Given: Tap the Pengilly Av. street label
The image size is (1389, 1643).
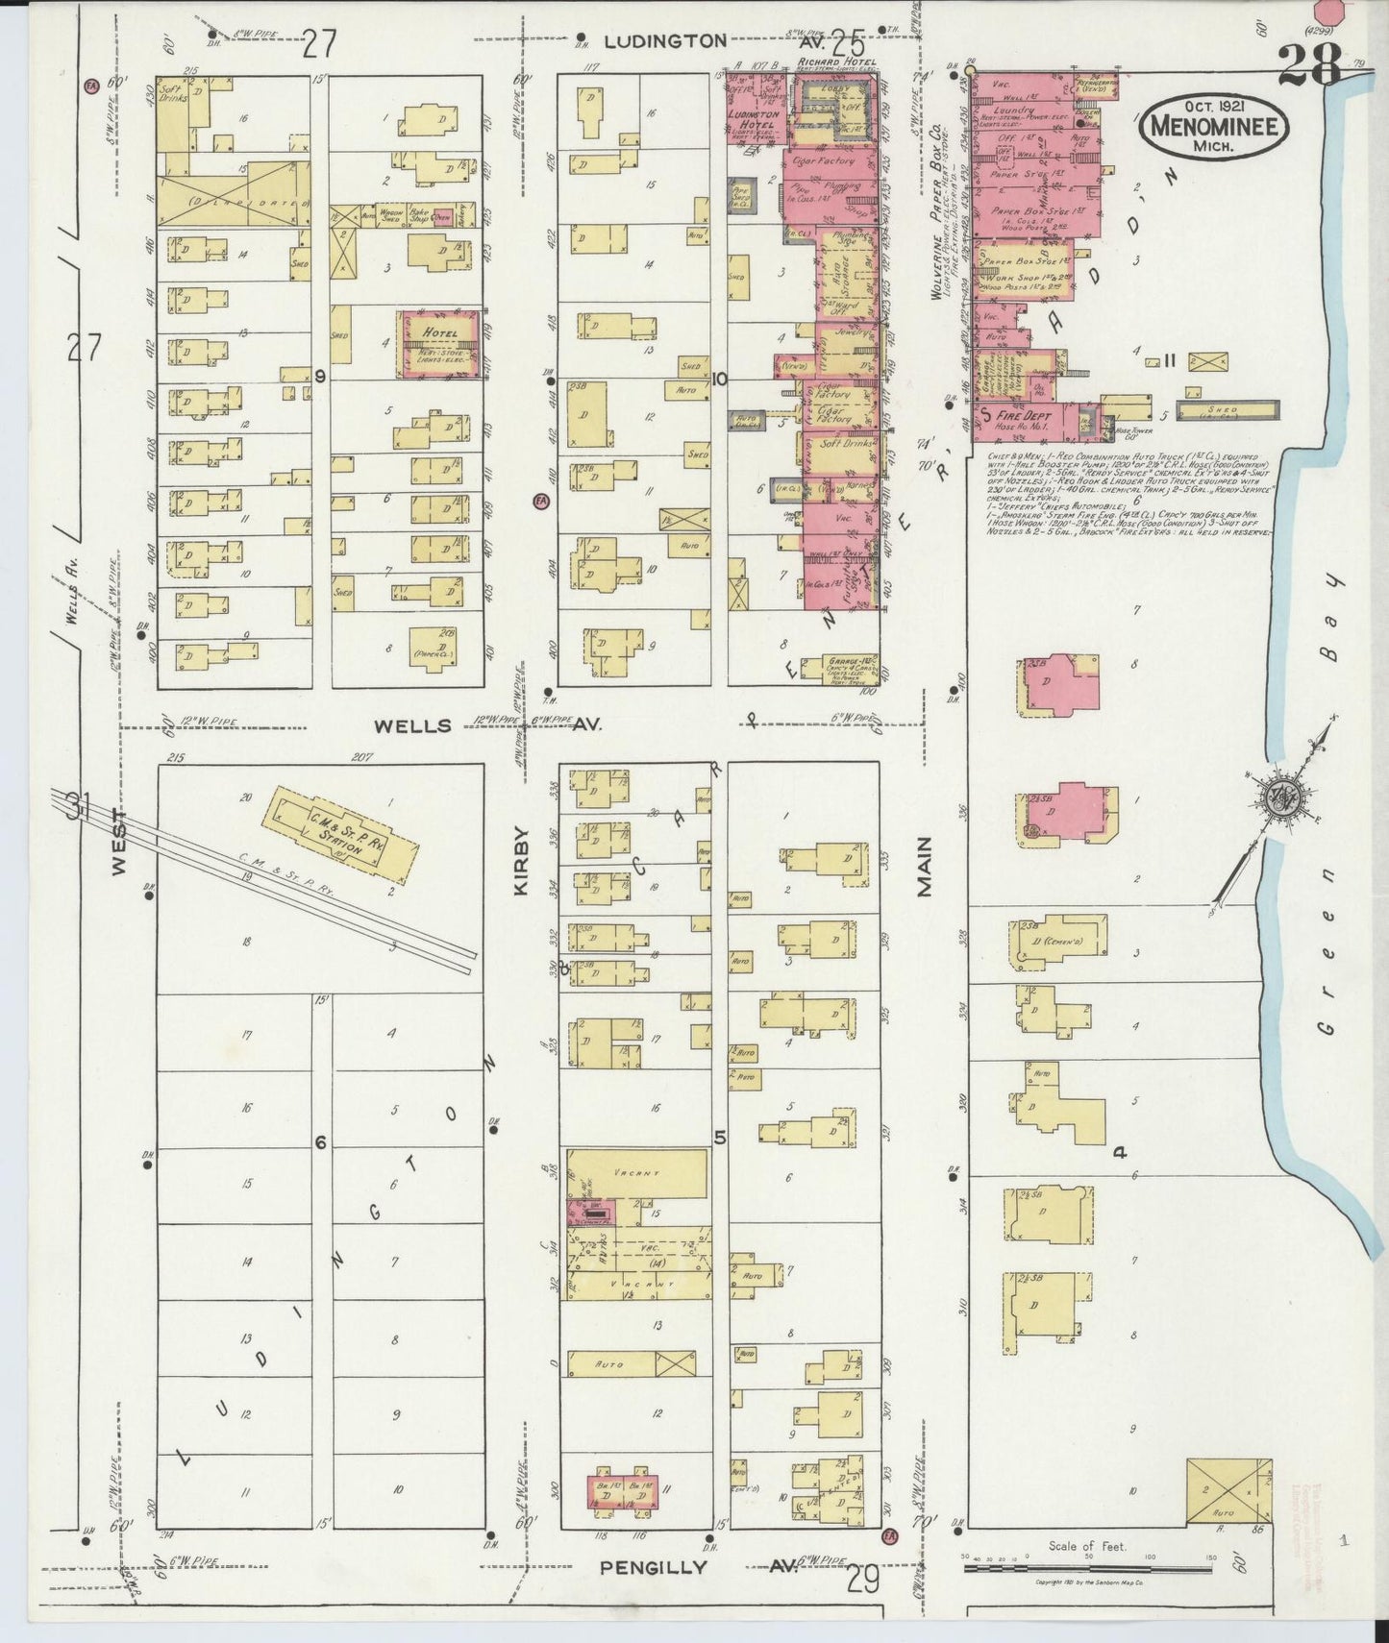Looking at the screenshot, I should pyautogui.click(x=654, y=1566).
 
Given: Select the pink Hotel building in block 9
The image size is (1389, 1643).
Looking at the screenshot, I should pyautogui.click(x=439, y=343).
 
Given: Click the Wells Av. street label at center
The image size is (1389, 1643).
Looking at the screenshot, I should pyautogui.click(x=413, y=725).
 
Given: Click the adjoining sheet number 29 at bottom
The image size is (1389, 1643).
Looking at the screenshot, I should pyautogui.click(x=863, y=1579).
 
